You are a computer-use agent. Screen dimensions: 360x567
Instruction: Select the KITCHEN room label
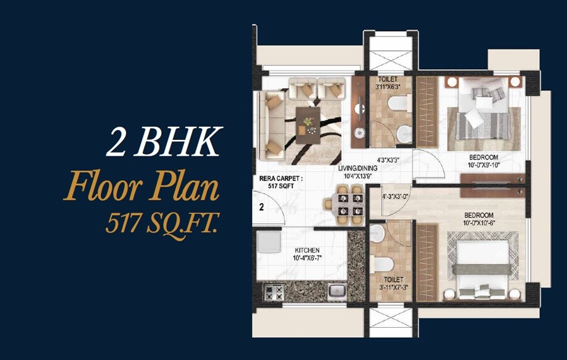click(306, 250)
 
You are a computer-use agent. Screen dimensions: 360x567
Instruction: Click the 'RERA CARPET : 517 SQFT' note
click(281, 182)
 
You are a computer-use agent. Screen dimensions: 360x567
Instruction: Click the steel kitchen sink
click(336, 291)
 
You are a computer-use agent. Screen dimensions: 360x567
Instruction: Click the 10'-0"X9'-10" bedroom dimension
click(483, 165)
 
